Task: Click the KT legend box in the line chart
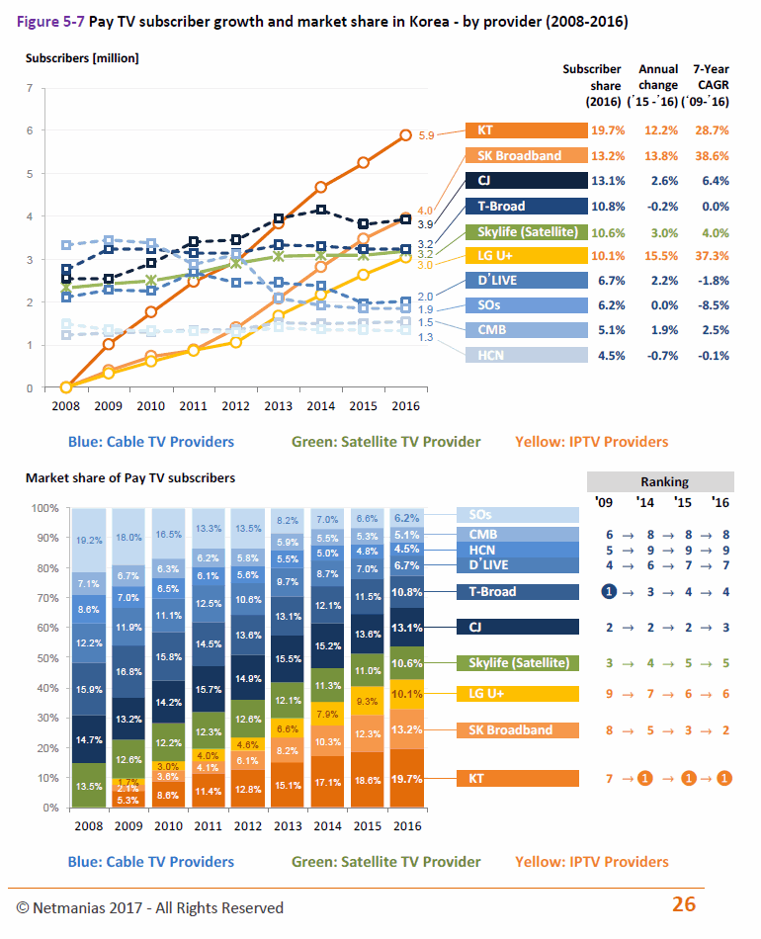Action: [527, 130]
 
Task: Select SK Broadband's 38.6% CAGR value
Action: [712, 156]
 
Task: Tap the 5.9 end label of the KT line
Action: [426, 136]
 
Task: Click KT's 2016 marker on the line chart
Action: [405, 135]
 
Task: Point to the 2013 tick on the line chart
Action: [279, 406]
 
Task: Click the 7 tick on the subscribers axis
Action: [30, 88]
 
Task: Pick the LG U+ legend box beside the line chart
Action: [527, 256]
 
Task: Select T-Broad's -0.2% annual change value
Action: [662, 207]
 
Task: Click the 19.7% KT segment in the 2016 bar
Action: [407, 778]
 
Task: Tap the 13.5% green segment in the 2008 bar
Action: [89, 785]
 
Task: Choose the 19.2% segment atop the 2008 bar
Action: [89, 540]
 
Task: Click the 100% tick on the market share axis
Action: [44, 508]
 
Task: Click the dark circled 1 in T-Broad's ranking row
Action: [609, 592]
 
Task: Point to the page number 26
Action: [684, 903]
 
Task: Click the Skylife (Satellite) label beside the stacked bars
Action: [518, 663]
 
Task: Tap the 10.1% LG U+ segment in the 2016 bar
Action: [407, 695]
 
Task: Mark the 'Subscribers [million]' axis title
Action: [82, 58]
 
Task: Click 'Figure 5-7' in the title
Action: [50, 22]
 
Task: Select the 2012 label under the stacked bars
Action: [248, 825]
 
